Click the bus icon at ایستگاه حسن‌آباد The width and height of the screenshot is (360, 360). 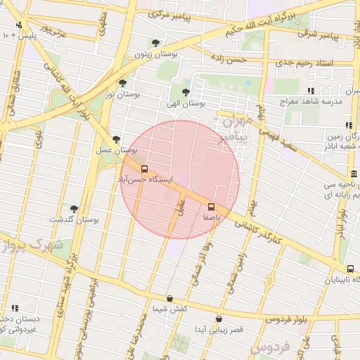[x=144, y=169]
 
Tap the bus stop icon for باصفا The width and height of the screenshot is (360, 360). [x=211, y=207]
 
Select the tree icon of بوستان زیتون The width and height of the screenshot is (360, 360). [x=155, y=43]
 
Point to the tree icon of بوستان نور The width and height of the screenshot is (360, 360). [x=122, y=83]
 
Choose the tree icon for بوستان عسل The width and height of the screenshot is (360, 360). [x=115, y=139]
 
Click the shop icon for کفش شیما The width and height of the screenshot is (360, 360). [x=169, y=299]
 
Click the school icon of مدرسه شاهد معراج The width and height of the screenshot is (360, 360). [x=311, y=91]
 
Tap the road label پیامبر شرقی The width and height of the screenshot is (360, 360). [x=314, y=32]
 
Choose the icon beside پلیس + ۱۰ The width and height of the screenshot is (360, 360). [x=6, y=34]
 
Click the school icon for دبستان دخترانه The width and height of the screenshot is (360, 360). [x=13, y=307]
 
